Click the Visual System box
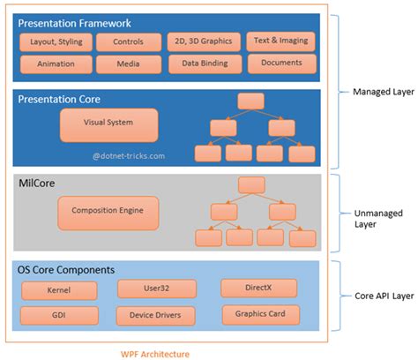pos(108,125)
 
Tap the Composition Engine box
pos(107,212)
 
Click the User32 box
pos(149,288)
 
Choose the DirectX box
pos(251,288)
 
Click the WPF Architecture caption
pos(154,353)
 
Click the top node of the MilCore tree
pos(251,184)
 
